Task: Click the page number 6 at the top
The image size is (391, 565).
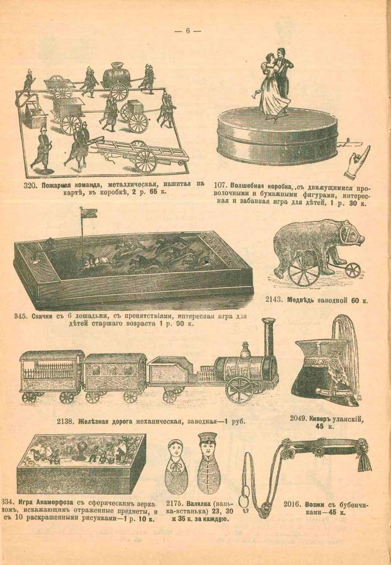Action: [x=187, y=31]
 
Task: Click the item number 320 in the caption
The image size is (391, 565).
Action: [x=31, y=184]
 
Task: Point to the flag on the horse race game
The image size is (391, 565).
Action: [x=88, y=213]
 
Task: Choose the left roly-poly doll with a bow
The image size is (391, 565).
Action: [x=176, y=467]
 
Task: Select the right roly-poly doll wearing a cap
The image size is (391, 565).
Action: [x=208, y=463]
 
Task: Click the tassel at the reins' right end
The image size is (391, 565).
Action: [x=364, y=459]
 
